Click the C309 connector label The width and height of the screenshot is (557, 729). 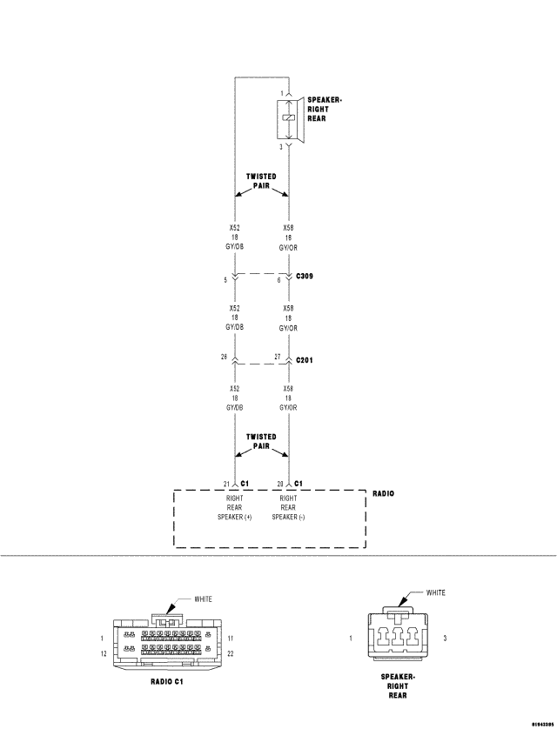[x=305, y=276]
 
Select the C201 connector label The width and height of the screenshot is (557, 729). [x=305, y=358]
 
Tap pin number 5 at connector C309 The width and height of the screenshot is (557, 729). [x=225, y=279]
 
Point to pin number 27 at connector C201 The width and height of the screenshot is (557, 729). [x=278, y=357]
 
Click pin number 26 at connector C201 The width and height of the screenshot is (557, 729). [x=225, y=357]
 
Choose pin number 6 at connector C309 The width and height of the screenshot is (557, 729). [x=278, y=279]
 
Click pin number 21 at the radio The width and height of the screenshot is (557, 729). [x=225, y=483]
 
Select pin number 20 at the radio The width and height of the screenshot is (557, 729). [x=278, y=483]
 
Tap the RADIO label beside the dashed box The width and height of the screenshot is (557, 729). [x=383, y=493]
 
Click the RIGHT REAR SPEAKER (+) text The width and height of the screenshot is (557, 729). [x=234, y=507]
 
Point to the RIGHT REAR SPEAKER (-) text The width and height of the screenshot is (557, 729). [x=288, y=507]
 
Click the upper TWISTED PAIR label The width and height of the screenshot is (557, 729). [x=261, y=180]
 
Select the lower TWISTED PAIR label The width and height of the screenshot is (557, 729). [x=261, y=440]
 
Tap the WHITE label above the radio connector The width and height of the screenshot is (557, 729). [x=203, y=599]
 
